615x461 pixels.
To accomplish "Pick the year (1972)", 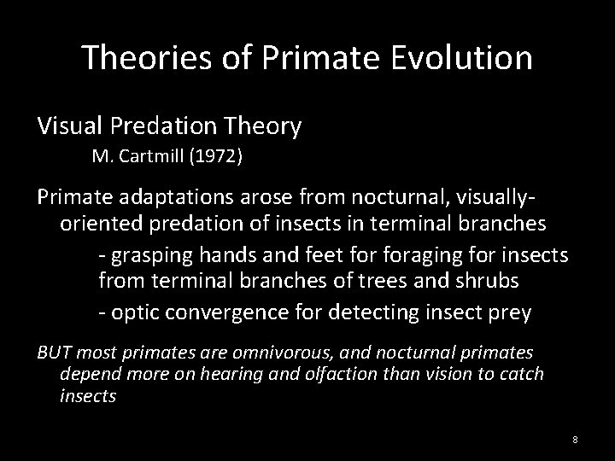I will pos(218,158).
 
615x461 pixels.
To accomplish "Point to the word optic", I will pos(135,312).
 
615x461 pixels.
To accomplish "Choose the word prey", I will pos(507,312).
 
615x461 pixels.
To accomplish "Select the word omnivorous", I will pos(297,352).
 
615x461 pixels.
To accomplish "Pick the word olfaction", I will pos(330,374).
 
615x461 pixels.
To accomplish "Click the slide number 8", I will pos(575,439).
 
